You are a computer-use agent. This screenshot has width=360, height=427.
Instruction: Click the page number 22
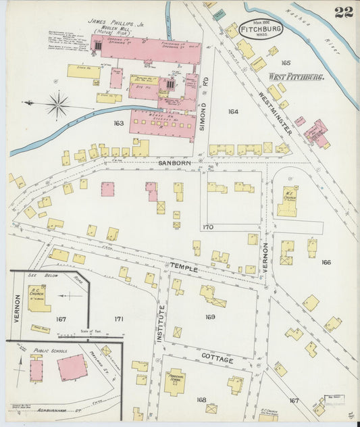[343, 11]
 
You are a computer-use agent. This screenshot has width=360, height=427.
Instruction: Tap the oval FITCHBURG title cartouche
[260, 30]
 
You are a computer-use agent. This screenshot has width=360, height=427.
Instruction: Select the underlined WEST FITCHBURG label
[296, 77]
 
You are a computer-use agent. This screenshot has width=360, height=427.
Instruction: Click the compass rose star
[58, 105]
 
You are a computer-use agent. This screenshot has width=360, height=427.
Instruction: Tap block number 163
[119, 124]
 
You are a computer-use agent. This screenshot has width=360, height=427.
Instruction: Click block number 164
[233, 111]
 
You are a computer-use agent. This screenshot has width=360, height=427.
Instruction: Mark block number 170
[207, 228]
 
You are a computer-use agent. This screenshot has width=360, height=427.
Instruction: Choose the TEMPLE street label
[184, 268]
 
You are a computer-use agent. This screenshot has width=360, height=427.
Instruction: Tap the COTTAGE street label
[217, 359]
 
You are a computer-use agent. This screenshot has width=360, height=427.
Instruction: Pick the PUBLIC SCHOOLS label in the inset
[53, 351]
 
